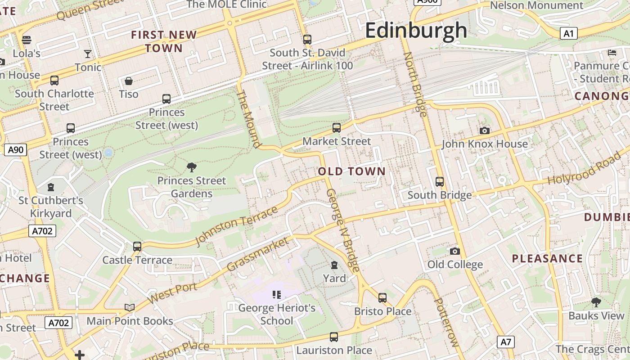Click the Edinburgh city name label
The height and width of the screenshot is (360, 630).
[x=416, y=31]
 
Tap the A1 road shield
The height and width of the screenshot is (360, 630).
[x=569, y=33]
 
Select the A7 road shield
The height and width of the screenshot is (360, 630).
[x=506, y=342]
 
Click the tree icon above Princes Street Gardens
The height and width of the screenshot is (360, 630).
[x=192, y=168]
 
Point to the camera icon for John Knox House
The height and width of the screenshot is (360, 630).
[x=484, y=131]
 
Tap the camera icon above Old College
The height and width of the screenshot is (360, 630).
[x=454, y=251]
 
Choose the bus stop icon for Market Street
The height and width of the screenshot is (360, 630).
[x=337, y=128]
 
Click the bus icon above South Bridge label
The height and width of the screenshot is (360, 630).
[x=440, y=182]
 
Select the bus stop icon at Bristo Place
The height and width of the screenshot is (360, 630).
[x=382, y=297]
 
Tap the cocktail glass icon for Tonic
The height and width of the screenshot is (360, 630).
[x=88, y=54]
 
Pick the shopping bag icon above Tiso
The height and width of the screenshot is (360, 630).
[x=129, y=81]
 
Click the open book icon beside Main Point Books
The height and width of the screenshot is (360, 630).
[x=130, y=307]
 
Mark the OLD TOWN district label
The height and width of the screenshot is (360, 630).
[x=351, y=171]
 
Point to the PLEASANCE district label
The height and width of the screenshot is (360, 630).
[x=547, y=259]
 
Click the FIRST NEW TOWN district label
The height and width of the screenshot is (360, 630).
[x=164, y=41]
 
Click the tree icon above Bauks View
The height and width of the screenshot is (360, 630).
[x=596, y=302]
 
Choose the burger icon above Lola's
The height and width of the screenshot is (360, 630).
[x=27, y=40]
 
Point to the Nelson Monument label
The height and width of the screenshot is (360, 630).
[x=536, y=6]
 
